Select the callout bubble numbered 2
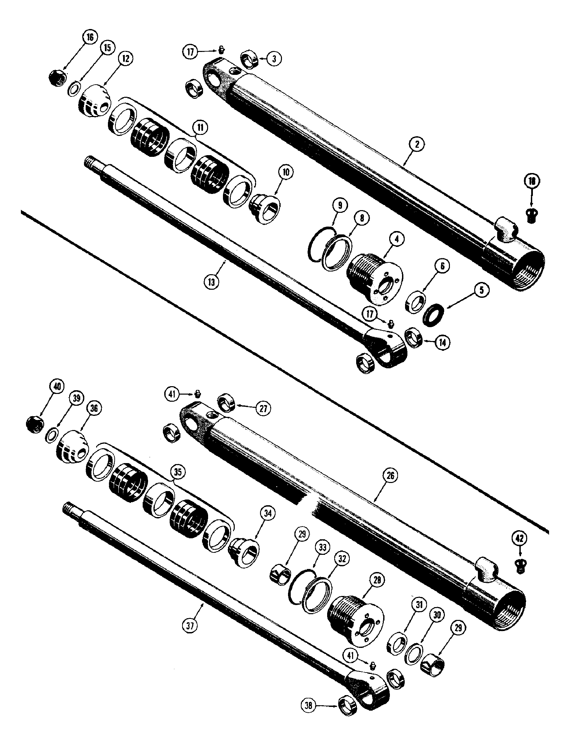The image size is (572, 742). click(x=417, y=144)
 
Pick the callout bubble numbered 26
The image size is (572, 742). click(x=390, y=476)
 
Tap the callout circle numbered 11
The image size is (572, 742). click(x=201, y=128)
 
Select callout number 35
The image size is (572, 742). click(x=179, y=472)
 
